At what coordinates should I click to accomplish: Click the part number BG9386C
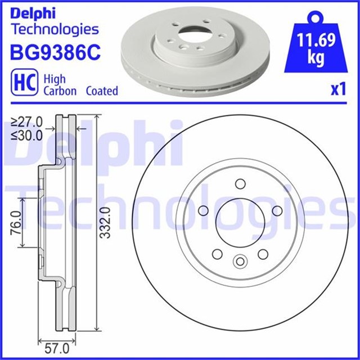click(55, 53)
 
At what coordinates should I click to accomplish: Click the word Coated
click(102, 91)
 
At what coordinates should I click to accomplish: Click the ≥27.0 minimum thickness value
click(28, 120)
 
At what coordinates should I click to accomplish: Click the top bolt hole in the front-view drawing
click(240, 183)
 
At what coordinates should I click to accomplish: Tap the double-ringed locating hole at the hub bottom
click(240, 262)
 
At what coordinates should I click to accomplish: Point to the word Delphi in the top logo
click(33, 12)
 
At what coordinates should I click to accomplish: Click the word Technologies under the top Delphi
click(55, 29)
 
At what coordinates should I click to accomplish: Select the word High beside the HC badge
click(55, 79)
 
